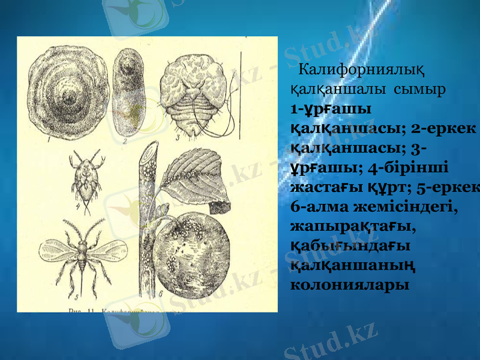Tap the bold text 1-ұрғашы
tap(329, 110)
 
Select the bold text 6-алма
tap(323, 206)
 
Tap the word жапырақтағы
tap(352, 226)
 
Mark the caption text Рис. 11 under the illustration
tap(82, 311)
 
